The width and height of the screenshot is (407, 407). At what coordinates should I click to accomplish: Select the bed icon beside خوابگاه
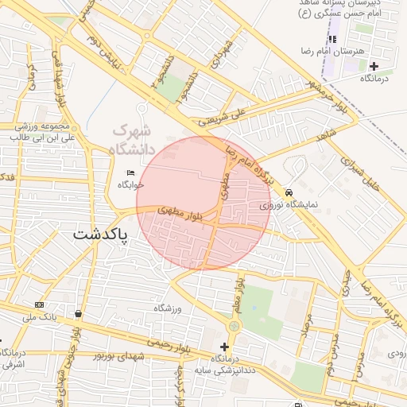click(130, 173)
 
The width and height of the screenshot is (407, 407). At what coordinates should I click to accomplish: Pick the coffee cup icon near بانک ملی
click(77, 313)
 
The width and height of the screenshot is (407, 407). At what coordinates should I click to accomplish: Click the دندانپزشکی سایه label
click(225, 370)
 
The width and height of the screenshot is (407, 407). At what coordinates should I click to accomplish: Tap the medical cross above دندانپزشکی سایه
click(224, 347)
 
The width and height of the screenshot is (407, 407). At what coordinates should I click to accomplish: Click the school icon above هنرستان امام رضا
click(333, 39)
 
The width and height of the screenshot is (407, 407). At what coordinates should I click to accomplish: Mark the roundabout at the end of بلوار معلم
click(234, 326)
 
